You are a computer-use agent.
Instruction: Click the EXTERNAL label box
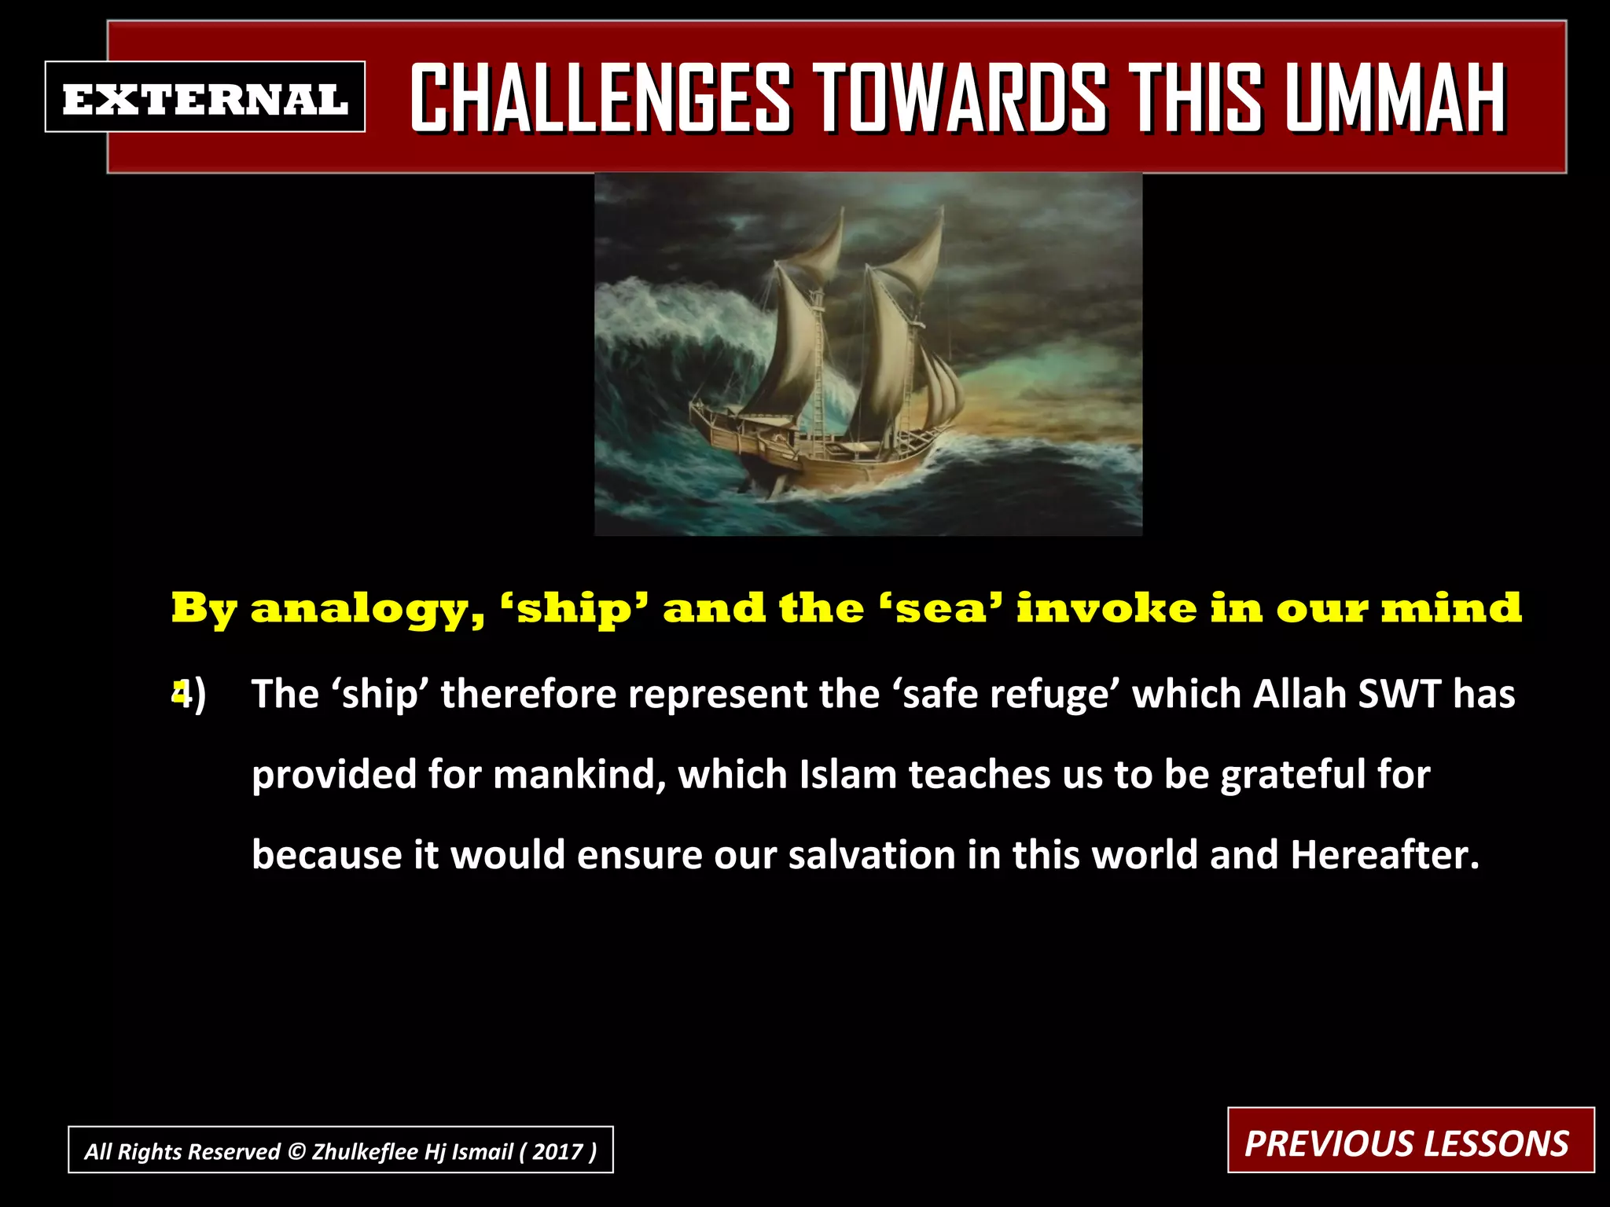click(205, 97)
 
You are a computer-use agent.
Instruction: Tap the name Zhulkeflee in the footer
click(366, 1151)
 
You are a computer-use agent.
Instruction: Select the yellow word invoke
click(1106, 607)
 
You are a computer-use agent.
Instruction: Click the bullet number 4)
click(189, 695)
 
